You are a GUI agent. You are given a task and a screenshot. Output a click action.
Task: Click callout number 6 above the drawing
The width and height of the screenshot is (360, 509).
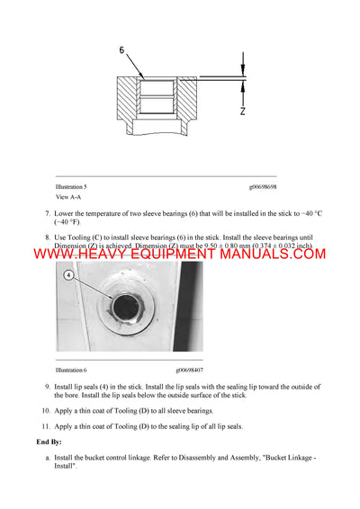(122, 51)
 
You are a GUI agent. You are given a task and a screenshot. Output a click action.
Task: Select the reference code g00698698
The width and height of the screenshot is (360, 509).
(263, 187)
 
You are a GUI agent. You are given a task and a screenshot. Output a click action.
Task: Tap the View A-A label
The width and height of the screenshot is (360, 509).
(67, 196)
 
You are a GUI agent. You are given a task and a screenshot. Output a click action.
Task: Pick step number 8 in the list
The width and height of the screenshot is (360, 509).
(47, 237)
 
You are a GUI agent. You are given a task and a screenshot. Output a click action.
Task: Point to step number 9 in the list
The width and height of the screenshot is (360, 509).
(47, 386)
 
